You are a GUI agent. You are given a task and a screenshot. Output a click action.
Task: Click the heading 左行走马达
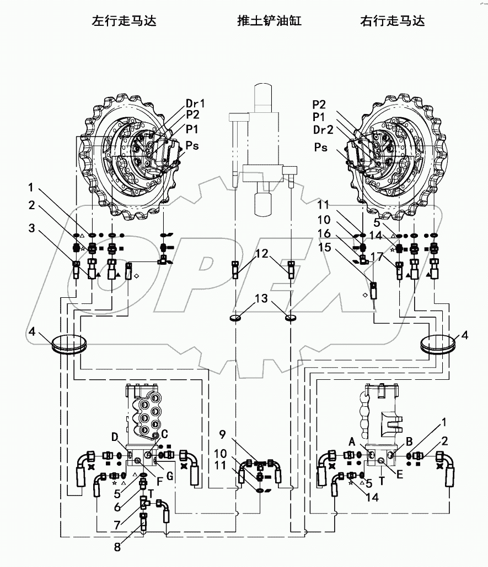pyautogui.click(x=124, y=21)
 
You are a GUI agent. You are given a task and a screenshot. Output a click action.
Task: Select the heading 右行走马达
pyautogui.click(x=392, y=21)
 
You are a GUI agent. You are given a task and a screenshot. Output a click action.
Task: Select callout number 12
pyautogui.click(x=262, y=254)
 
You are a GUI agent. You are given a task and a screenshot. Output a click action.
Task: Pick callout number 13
pyautogui.click(x=262, y=299)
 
